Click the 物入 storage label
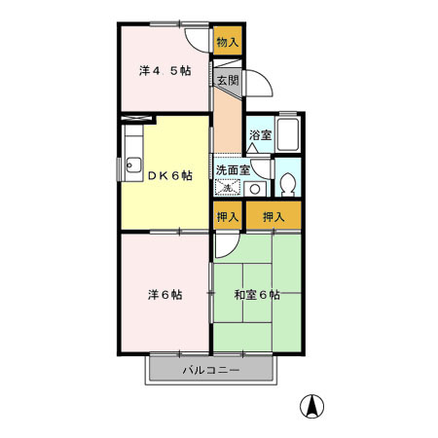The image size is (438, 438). (x=228, y=43)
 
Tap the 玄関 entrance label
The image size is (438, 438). (x=227, y=81)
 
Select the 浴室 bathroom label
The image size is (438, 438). (x=259, y=134)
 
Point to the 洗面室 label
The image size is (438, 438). (x=234, y=168)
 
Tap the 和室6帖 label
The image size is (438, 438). (x=257, y=294)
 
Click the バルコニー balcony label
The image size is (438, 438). (x=210, y=371)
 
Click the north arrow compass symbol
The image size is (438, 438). (x=315, y=407)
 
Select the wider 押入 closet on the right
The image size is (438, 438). (x=274, y=216)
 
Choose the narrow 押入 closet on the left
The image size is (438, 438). (x=228, y=216)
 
